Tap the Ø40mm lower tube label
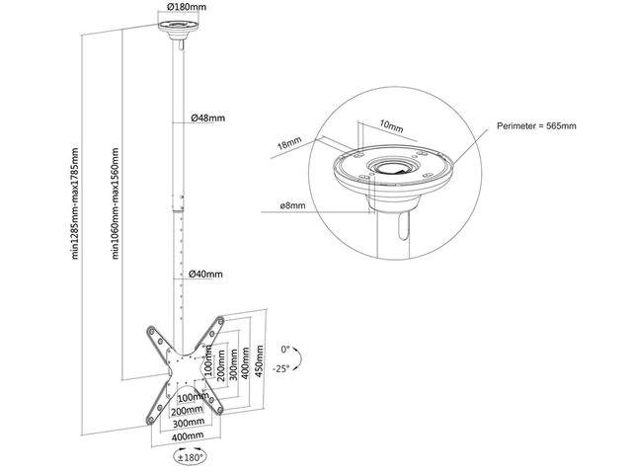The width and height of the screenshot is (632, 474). [x=206, y=275]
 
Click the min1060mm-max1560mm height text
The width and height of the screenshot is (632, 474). [x=116, y=202]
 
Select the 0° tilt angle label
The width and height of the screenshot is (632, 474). [x=286, y=350]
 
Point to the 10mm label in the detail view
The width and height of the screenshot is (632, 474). [x=390, y=125]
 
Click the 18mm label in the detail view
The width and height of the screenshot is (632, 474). [x=289, y=144]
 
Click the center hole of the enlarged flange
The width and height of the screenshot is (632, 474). [x=393, y=166]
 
